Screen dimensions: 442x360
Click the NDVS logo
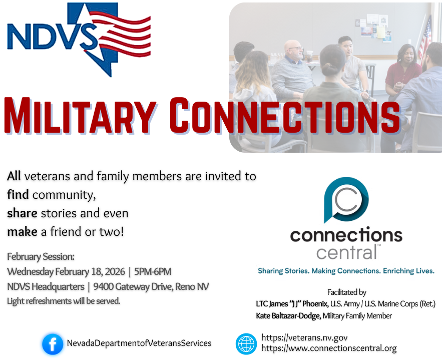(79, 40)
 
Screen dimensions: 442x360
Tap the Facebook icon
(53, 344)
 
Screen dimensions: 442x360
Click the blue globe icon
(246, 344)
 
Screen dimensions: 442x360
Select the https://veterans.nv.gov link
(304, 337)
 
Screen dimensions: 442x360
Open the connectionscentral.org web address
(329, 348)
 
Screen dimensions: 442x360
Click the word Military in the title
(80, 115)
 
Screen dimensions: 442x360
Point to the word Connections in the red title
(284, 115)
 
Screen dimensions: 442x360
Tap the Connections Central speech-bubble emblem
(346, 200)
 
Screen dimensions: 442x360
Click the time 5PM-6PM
(153, 271)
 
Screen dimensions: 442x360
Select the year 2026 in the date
(115, 271)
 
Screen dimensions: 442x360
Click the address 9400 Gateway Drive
(133, 287)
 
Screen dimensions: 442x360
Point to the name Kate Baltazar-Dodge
(288, 316)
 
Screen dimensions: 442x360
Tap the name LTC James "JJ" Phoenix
(292, 304)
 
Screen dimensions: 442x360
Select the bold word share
(22, 213)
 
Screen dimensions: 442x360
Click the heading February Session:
(41, 256)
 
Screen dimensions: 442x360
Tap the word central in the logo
(346, 252)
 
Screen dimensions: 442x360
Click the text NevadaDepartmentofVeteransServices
(139, 343)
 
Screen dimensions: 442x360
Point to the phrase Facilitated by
(347, 292)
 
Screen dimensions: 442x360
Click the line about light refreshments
(64, 301)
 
